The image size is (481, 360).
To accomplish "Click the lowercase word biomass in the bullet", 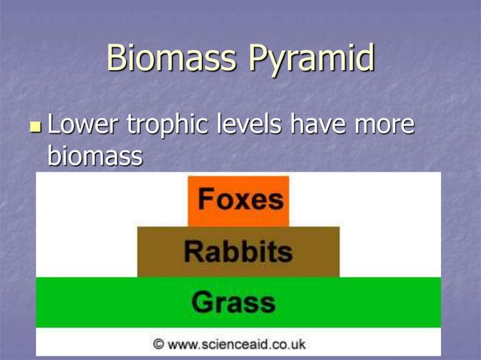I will click(x=94, y=157).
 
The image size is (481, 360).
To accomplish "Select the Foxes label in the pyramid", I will click(x=239, y=200).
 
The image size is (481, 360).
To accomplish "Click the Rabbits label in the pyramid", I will click(x=237, y=251).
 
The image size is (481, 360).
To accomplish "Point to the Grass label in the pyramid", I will click(x=233, y=302).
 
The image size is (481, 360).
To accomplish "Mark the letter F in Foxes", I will click(x=205, y=200).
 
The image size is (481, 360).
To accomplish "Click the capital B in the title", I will click(x=118, y=58).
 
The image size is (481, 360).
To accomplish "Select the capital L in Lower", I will click(x=54, y=125).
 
